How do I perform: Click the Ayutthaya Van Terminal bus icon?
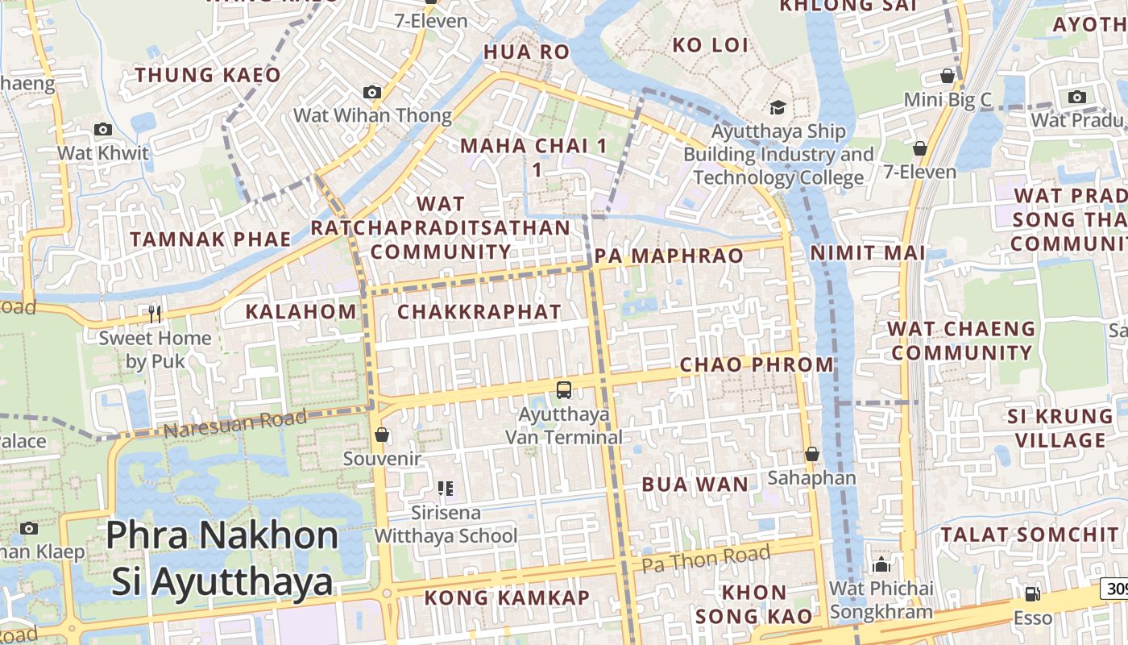[564, 390]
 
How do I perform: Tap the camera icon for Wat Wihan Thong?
[372, 93]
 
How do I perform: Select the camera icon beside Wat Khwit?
[102, 129]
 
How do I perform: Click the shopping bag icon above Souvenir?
[382, 435]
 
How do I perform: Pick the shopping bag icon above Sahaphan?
[811, 455]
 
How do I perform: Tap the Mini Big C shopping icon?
[948, 77]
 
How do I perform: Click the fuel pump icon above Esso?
[1031, 594]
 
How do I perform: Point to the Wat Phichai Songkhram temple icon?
[881, 564]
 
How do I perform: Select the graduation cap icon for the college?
[778, 107]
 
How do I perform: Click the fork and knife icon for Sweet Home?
[155, 314]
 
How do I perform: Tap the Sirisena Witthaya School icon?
[446, 489]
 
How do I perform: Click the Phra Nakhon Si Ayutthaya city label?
[222, 558]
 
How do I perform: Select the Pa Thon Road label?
[706, 559]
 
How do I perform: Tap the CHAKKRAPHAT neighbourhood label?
[479, 312]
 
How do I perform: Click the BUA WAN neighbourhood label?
[695, 485]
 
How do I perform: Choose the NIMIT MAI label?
[868, 252]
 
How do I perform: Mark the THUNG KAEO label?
[208, 76]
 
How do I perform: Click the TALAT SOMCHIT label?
[1031, 535]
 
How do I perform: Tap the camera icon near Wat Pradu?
[1076, 98]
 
